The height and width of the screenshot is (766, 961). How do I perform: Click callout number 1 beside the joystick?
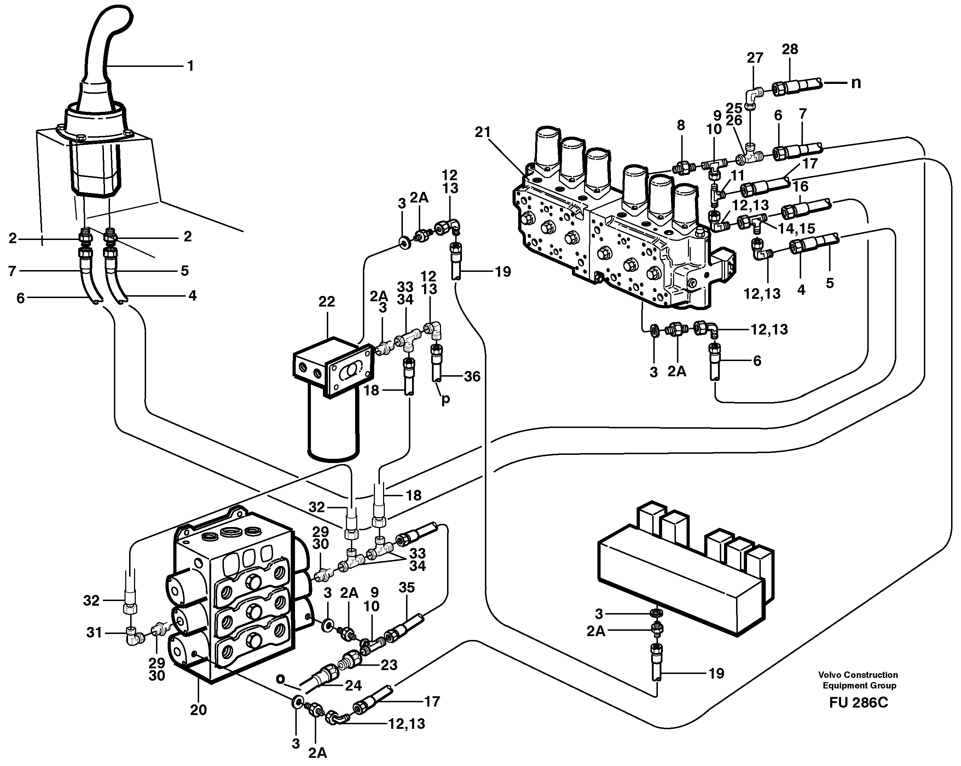click(190, 67)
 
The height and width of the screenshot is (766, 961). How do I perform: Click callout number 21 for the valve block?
click(483, 132)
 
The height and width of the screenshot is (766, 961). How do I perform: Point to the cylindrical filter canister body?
click(334, 424)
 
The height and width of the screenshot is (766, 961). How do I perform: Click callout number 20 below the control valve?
click(198, 710)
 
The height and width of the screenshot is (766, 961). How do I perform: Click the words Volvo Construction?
click(858, 675)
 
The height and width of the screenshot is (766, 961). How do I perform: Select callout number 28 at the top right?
click(790, 49)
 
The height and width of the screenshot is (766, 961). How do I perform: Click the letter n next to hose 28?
click(856, 83)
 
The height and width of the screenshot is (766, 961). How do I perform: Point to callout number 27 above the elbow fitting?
click(755, 58)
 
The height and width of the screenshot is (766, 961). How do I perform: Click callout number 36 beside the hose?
click(472, 377)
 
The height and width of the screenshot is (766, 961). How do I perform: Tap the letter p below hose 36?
click(445, 399)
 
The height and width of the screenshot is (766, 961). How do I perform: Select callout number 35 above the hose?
click(406, 588)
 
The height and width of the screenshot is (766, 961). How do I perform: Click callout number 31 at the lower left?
click(94, 633)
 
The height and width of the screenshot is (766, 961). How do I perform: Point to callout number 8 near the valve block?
click(681, 125)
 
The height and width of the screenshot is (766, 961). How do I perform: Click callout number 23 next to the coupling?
click(389, 665)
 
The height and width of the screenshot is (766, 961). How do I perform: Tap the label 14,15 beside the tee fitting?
click(796, 228)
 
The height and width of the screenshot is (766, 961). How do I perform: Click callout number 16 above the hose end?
click(800, 187)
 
